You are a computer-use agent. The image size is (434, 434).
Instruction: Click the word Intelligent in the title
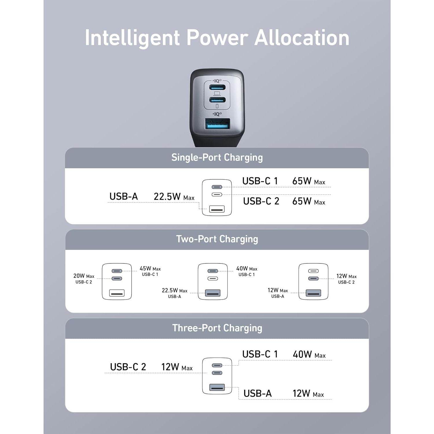(132, 38)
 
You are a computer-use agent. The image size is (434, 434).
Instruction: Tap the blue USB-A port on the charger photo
(218, 124)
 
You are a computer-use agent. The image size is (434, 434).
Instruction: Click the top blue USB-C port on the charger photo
(217, 87)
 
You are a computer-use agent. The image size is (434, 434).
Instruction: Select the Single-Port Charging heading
(217, 158)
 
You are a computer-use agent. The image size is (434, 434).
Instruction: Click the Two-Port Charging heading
(217, 239)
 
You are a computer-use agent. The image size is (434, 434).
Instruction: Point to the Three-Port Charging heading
(217, 328)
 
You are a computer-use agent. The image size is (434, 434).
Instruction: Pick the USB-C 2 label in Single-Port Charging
(261, 201)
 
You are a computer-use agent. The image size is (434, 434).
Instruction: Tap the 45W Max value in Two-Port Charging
(150, 269)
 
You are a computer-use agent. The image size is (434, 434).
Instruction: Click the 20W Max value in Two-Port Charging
(84, 276)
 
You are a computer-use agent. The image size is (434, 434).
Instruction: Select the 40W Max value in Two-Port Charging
(247, 269)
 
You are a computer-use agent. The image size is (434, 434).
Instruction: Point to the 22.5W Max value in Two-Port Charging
(174, 290)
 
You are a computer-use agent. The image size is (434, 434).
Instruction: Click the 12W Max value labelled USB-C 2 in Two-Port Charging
(346, 276)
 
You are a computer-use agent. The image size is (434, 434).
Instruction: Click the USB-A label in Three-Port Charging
(258, 393)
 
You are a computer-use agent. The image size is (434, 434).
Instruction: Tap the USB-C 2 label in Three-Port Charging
(128, 367)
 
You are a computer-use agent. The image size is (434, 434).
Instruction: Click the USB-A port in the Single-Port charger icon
(217, 209)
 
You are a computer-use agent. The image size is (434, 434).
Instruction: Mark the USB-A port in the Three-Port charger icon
(217, 387)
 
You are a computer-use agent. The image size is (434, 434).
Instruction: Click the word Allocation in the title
(302, 38)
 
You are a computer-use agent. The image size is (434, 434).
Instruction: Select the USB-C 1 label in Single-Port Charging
(260, 181)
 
